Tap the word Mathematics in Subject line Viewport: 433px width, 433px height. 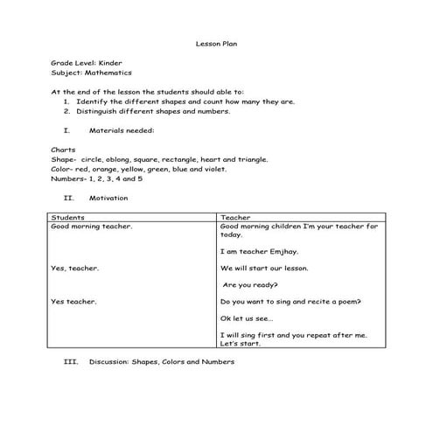105,73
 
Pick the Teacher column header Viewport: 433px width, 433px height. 236,217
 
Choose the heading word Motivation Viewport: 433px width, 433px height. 108,198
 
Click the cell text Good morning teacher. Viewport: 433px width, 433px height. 92,226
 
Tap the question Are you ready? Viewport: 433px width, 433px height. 251,285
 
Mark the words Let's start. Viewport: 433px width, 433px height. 241,343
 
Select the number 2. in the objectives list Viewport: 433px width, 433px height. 67,111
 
